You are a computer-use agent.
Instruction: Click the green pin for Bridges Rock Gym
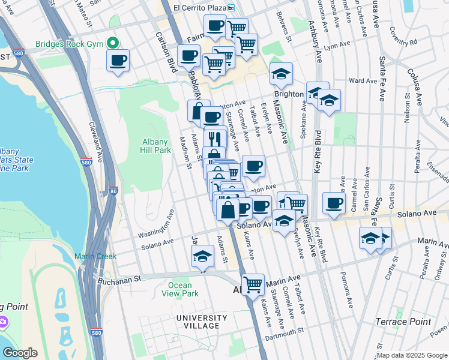coord(112,43)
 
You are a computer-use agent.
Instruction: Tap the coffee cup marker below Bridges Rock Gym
coord(118,61)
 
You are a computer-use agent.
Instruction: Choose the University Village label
coord(197,321)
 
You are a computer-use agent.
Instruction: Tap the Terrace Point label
coord(403,322)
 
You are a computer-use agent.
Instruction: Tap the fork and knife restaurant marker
coord(215,137)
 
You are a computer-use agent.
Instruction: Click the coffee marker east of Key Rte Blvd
coord(334,202)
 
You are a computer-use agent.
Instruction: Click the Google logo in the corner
coord(20,353)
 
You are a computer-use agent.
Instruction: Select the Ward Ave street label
coord(363,80)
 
